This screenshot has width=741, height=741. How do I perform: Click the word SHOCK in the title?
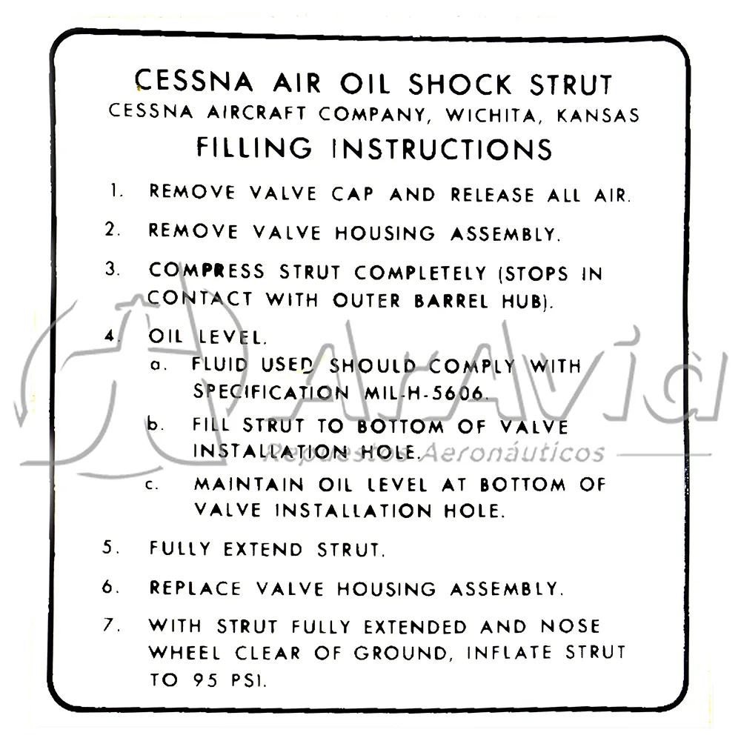tap(460, 85)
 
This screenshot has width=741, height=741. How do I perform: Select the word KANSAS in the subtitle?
tap(598, 116)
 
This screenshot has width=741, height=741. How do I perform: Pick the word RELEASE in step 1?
tap(492, 195)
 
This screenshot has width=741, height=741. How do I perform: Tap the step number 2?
tap(113, 229)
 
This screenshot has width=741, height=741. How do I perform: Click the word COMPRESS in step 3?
tap(207, 270)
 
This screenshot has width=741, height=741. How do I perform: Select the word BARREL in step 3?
tap(451, 301)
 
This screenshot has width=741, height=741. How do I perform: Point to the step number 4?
tap(111, 336)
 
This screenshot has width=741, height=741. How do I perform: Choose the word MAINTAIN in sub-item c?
tap(249, 485)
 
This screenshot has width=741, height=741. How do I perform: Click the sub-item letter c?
tap(151, 485)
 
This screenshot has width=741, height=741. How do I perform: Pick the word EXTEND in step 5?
tap(263, 549)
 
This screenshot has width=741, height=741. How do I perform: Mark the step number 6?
tap(110, 587)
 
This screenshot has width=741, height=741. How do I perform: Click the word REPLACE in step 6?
tap(195, 588)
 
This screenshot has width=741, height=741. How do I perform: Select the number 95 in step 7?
tap(205, 680)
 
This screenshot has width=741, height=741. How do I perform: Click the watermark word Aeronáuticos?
tap(512, 453)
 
